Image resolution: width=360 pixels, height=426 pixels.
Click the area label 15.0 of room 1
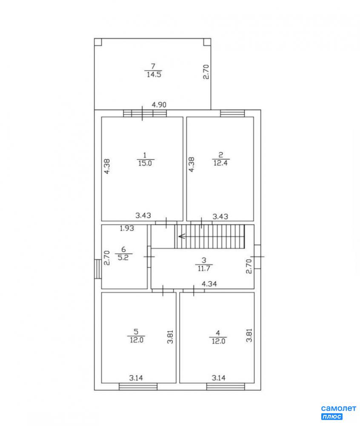[x=145, y=163]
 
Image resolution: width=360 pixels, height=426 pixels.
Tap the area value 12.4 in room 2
[x=220, y=163]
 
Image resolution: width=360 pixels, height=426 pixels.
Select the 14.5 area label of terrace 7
[x=154, y=75]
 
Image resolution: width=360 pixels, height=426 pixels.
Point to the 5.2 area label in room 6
[x=123, y=257]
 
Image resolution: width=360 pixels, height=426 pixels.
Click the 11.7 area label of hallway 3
[x=204, y=268]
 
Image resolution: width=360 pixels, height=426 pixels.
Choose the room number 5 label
[x=136, y=332]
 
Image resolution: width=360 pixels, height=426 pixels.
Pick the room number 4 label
[x=218, y=333]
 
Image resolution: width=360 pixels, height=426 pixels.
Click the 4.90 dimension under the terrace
[x=159, y=105]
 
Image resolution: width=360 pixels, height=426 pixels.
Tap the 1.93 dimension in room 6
[x=127, y=228]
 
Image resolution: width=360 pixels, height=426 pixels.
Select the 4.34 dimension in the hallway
[x=209, y=284]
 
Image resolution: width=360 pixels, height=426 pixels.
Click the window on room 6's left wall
[x=98, y=269]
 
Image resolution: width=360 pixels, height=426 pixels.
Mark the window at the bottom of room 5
[x=138, y=387]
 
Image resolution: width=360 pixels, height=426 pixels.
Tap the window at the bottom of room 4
[x=226, y=387]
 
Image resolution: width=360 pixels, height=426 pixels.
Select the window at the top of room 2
[x=232, y=113]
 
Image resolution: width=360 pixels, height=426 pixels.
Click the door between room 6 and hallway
[x=149, y=256]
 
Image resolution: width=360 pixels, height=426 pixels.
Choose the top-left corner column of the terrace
[x=98, y=42]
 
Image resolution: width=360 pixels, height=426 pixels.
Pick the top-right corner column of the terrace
[x=207, y=42]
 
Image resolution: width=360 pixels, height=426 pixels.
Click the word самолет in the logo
[x=339, y=409]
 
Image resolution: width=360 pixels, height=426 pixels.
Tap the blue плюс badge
[x=332, y=417]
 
